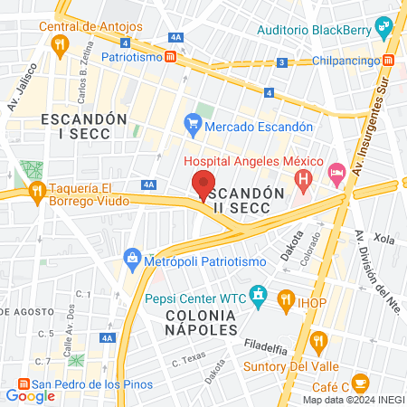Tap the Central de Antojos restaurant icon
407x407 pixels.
[x=60, y=43]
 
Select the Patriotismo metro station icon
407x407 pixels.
[x=172, y=56]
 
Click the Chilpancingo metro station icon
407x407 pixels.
[x=388, y=60]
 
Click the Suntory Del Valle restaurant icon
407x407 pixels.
[x=317, y=341]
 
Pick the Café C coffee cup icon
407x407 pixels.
[x=360, y=382]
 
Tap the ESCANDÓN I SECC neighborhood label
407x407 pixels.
[x=75, y=126]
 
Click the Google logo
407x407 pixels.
[x=30, y=395]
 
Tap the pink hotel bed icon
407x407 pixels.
[x=336, y=170]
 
